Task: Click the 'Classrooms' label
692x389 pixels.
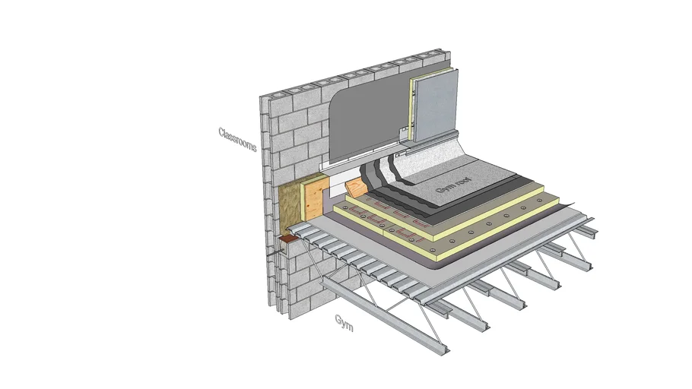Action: (x=237, y=139)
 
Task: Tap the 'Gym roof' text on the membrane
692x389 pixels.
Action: (x=454, y=185)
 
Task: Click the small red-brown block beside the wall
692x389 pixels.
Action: (x=288, y=239)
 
